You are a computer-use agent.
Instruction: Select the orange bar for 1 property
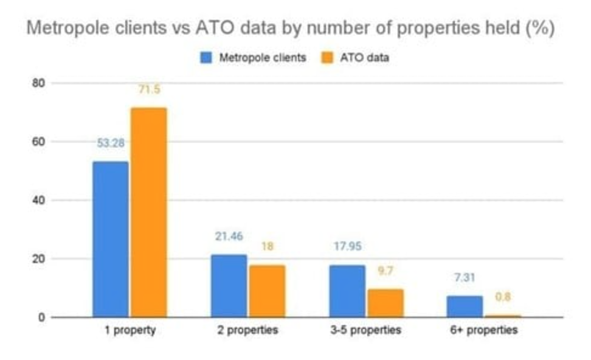click(x=148, y=212)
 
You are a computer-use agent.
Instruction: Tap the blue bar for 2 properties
click(x=229, y=286)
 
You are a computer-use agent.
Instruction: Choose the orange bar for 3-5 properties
click(x=385, y=303)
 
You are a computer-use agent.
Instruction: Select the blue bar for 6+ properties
click(x=465, y=306)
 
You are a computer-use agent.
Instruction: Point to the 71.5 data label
click(x=148, y=89)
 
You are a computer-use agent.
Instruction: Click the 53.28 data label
click(x=110, y=144)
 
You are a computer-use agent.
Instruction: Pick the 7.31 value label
click(x=466, y=278)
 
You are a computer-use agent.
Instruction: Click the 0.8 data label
click(x=503, y=297)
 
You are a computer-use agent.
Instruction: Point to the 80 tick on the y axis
click(x=40, y=83)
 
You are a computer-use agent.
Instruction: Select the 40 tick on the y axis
click(x=40, y=200)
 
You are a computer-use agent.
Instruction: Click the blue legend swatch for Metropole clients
click(x=206, y=58)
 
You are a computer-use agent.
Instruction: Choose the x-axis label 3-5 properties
click(x=365, y=331)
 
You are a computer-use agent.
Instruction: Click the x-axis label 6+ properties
click(x=484, y=331)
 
